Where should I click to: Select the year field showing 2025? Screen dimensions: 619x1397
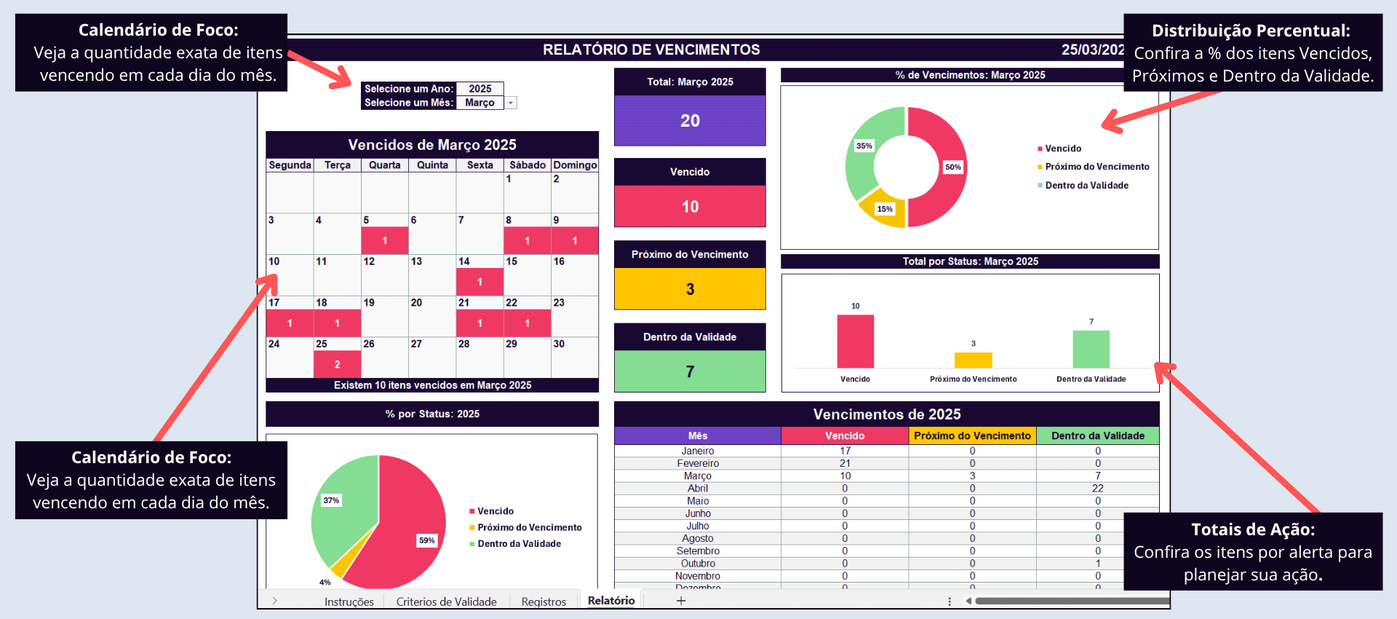[479, 89]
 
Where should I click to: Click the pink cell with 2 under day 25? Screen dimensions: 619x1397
[337, 364]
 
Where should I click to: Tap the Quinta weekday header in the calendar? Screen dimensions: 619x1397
[432, 165]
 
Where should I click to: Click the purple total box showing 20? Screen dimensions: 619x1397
[690, 121]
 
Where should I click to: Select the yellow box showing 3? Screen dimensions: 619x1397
[690, 289]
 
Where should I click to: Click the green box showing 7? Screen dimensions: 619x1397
[690, 371]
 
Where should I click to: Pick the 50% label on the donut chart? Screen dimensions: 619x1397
[952, 167]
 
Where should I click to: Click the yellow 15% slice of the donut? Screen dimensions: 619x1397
[883, 212]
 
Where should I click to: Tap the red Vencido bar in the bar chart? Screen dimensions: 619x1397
[855, 342]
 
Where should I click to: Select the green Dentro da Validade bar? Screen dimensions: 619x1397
[1091, 350]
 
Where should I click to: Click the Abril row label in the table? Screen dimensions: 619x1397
[698, 489]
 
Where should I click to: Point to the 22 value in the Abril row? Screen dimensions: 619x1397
[1097, 489]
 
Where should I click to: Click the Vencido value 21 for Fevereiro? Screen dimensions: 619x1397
[845, 463]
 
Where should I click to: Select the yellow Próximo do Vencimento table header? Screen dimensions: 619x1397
[972, 435]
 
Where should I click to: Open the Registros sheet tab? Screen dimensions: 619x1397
[544, 602]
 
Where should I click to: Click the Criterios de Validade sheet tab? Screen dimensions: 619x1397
[446, 602]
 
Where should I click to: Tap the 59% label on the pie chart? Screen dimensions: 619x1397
[426, 540]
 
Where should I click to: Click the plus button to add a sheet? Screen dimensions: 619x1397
[681, 601]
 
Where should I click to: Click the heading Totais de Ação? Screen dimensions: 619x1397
[1253, 529]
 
